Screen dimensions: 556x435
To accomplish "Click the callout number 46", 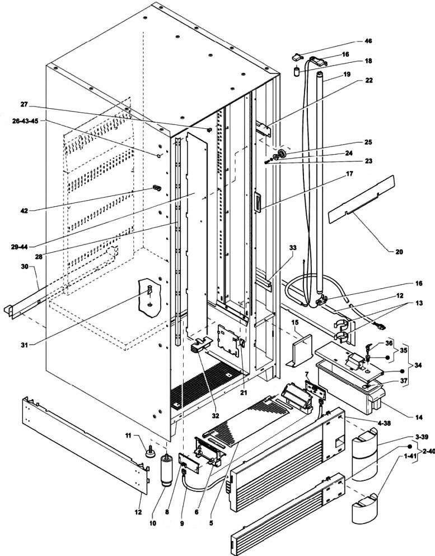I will coord(368,41).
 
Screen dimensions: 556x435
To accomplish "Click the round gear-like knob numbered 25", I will coord(282,154).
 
